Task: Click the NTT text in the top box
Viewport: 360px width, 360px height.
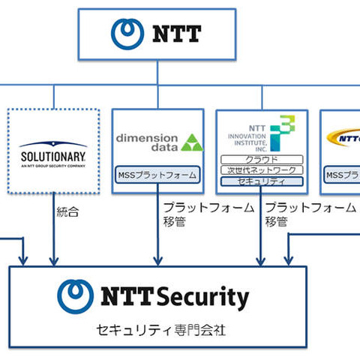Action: pyautogui.click(x=176, y=33)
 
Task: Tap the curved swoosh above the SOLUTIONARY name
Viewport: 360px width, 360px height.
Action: pyautogui.click(x=53, y=145)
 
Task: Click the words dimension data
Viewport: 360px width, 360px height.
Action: pyautogui.click(x=148, y=142)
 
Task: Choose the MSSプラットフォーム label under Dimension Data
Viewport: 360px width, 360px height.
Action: pyautogui.click(x=157, y=175)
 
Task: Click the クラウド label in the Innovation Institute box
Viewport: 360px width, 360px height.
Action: pyautogui.click(x=262, y=160)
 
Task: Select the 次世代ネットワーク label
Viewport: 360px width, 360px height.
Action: pyautogui.click(x=262, y=170)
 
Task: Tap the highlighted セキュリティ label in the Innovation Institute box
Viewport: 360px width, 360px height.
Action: pyautogui.click(x=262, y=181)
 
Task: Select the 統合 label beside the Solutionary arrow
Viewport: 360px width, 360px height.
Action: pyautogui.click(x=67, y=212)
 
